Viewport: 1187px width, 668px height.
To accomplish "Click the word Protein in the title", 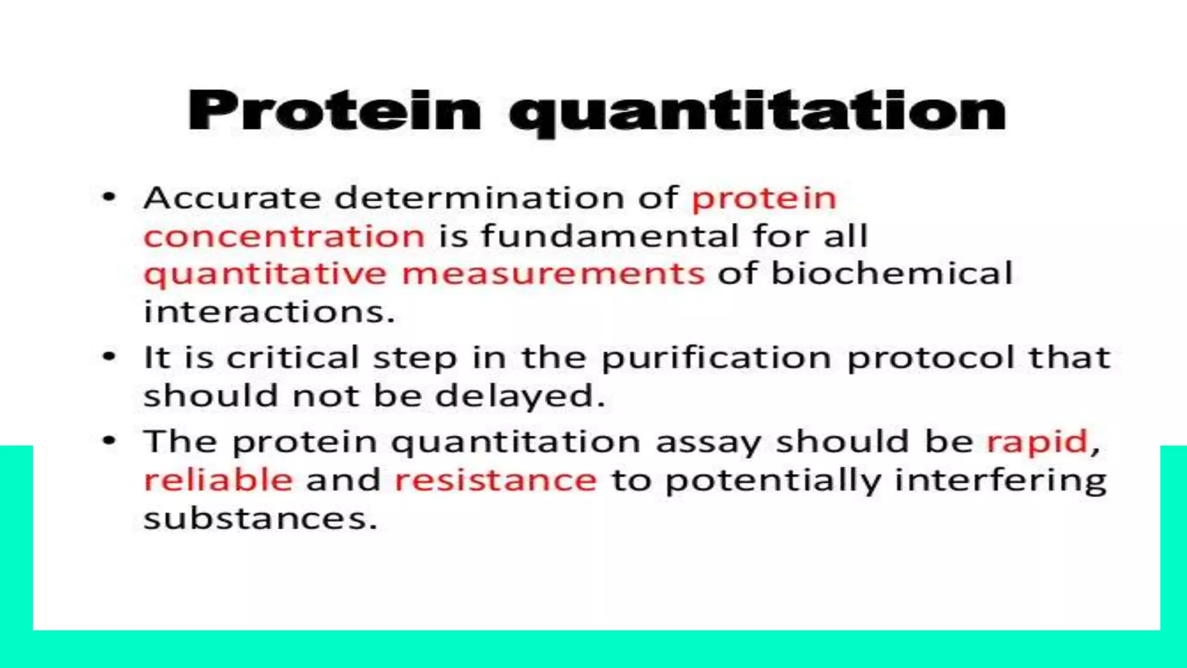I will coord(334,111).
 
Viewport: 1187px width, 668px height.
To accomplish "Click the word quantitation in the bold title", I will coord(757,112).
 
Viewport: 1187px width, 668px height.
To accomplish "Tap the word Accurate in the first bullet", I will coord(232,198).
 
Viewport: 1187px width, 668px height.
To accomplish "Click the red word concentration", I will coord(284,237).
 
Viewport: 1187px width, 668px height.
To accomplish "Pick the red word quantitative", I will coord(265,274).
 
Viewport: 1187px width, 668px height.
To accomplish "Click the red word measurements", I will coord(553,274).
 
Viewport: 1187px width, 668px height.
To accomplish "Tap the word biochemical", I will coord(891,273).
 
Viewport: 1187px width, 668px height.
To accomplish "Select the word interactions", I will coord(269,312).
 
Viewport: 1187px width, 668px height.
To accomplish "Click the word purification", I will coord(716,358).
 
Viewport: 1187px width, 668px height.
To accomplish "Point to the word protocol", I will coord(930,357).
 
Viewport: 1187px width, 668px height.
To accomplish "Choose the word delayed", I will coord(519,397).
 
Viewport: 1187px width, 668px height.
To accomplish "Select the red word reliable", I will coord(218,480).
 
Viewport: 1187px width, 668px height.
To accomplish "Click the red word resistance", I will coord(496,480).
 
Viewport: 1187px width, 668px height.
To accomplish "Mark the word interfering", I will coord(1000,481).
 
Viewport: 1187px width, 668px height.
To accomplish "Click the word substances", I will coord(260,518).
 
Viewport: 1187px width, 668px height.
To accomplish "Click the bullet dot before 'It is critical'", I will coord(109,357).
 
